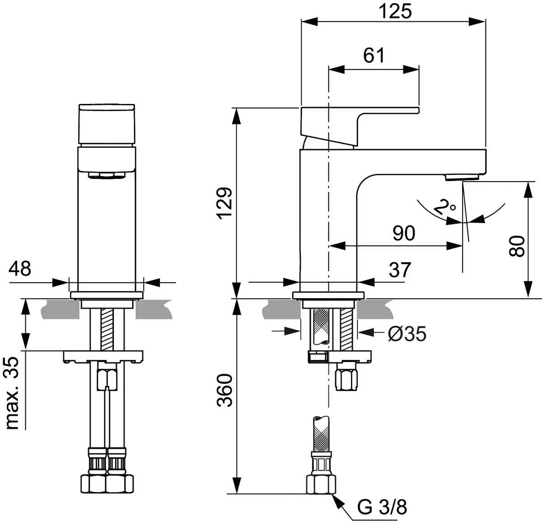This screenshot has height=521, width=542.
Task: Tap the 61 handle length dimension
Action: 374,56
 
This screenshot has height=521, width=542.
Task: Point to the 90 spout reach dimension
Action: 403,234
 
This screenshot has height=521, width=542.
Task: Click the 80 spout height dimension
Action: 518,246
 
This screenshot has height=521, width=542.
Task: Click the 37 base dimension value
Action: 400,270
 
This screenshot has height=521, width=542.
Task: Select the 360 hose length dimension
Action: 225,390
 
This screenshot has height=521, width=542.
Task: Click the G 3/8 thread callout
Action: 382,507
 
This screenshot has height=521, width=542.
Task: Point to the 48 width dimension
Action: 21,268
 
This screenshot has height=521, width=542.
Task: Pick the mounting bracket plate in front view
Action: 103,356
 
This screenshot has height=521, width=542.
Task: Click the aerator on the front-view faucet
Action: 107,175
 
